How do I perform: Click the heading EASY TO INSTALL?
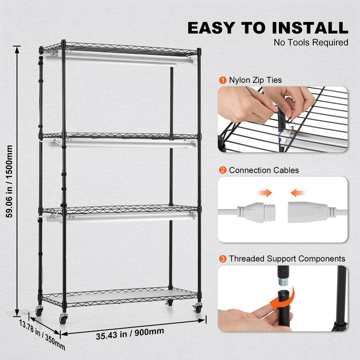pos(268,27)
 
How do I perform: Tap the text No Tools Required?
pos(311,43)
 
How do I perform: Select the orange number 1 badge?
pos(223,80)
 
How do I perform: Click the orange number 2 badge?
pos(223,170)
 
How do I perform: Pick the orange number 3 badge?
pos(223,259)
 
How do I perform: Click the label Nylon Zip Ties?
pos(255,80)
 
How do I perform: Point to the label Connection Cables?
pos(264,170)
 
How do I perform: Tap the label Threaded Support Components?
pos(287,259)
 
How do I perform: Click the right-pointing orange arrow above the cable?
pos(264,193)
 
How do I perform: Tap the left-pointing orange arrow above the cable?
pos(297,193)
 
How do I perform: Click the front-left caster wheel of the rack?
pos(63,319)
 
